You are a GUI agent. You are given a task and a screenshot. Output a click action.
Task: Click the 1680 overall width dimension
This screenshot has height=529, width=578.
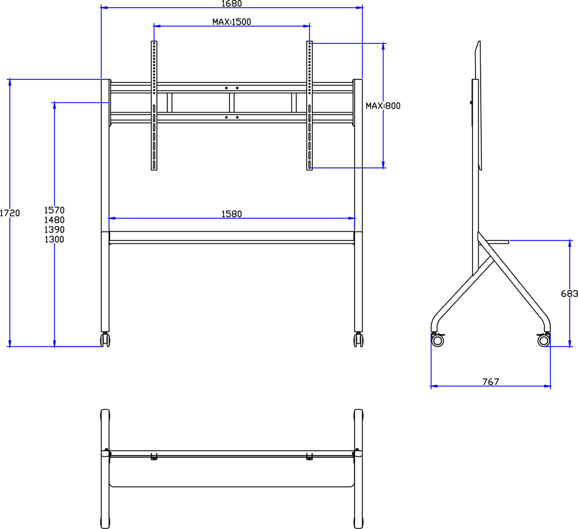pyautogui.click(x=232, y=4)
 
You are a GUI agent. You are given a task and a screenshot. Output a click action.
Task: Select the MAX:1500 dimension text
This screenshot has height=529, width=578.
pyautogui.click(x=232, y=22)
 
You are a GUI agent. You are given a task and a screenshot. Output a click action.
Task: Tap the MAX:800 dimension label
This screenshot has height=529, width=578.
pyautogui.click(x=382, y=106)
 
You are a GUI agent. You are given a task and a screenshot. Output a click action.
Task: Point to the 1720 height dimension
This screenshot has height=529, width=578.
pyautogui.click(x=10, y=213)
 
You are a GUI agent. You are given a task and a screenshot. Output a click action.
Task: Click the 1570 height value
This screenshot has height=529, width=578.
pyautogui.click(x=54, y=210)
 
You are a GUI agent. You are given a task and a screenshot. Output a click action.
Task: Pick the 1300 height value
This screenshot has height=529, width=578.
pyautogui.click(x=54, y=240)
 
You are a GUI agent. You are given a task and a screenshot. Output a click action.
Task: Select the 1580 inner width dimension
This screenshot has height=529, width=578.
pyautogui.click(x=232, y=214)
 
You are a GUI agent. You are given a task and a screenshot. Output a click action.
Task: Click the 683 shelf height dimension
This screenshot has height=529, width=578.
pyautogui.click(x=569, y=294)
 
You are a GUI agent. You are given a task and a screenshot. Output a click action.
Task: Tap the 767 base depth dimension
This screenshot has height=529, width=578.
pyautogui.click(x=491, y=382)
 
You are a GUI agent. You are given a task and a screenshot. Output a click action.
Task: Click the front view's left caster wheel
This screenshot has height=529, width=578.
pyautogui.click(x=105, y=340)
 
